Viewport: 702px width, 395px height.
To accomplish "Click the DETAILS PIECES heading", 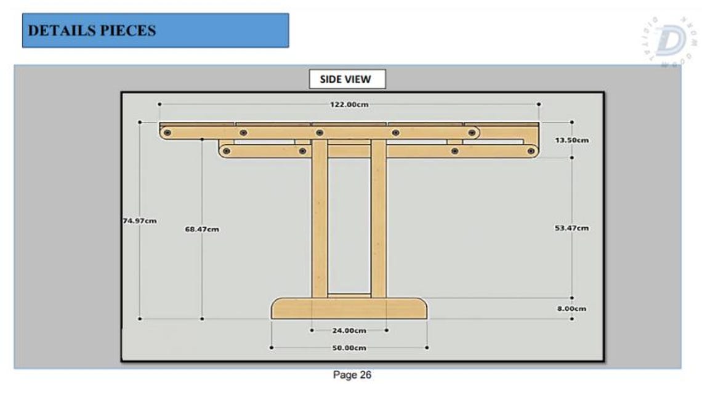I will click(x=92, y=31).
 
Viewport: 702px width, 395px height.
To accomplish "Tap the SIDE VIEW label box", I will click(x=347, y=79).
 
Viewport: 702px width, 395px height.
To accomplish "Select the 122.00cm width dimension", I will click(x=349, y=105).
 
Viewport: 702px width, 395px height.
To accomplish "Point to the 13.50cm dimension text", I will click(x=571, y=140).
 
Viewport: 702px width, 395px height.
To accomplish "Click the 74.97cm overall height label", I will click(x=139, y=220).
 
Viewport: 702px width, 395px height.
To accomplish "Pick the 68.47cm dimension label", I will click(x=202, y=229).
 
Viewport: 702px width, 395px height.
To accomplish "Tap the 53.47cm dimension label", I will click(x=571, y=228).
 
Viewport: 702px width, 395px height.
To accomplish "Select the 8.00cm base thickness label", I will click(x=571, y=309).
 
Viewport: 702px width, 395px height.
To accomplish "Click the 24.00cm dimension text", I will click(x=349, y=330).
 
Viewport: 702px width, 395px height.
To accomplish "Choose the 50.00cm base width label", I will click(x=349, y=348).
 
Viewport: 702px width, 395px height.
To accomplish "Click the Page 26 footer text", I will click(x=352, y=375).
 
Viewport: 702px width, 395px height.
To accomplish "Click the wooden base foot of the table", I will click(x=349, y=309).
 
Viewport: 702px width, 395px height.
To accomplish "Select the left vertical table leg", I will click(x=320, y=221).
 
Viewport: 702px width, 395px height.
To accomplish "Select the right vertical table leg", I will click(x=379, y=221).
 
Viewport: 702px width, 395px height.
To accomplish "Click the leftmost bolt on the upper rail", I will click(x=167, y=132).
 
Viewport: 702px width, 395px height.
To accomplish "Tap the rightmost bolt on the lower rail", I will click(x=530, y=150).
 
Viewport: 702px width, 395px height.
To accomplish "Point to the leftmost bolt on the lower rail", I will click(x=227, y=150).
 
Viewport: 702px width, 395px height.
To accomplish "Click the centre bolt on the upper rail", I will click(x=319, y=132).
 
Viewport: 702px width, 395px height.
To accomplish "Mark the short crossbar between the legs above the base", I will click(x=349, y=296).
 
